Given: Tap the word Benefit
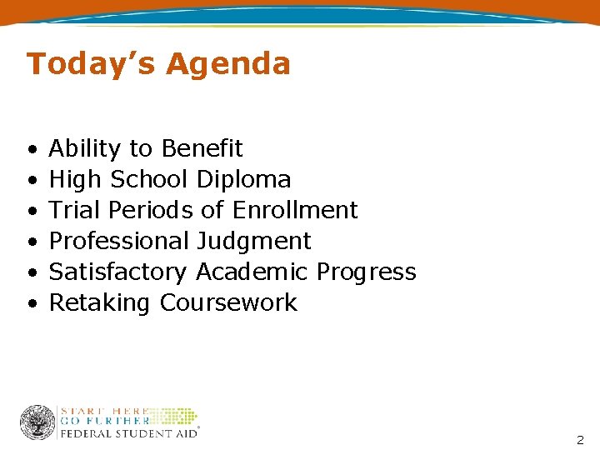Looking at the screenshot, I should [202, 148].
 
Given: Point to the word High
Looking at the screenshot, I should [76, 179].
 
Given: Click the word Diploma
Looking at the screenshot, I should [243, 179].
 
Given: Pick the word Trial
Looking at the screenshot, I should [75, 210].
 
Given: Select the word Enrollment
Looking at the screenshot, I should [295, 210].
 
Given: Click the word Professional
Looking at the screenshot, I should [119, 241].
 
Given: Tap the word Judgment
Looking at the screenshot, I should [253, 242].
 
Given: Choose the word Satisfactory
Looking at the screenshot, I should [118, 272].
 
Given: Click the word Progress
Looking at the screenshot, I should [366, 272].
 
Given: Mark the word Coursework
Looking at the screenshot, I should [227, 302].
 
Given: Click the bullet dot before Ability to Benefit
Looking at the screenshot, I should [30, 150].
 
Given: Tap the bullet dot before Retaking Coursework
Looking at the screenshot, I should [30, 304].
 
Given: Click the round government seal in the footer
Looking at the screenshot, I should [37, 422].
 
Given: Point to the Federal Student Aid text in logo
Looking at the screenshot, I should [128, 432].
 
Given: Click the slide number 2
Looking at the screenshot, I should [580, 440].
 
